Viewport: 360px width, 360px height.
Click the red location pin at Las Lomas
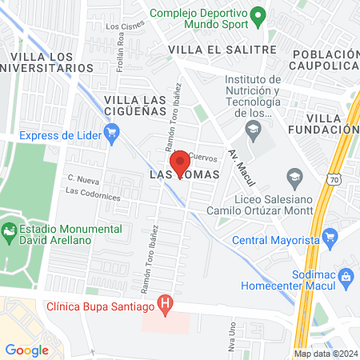pos(181,162)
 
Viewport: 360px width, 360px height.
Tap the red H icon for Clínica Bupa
pos(166,304)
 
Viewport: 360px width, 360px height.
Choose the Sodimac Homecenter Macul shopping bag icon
pos(346,276)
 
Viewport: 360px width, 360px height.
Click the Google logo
pos(26,350)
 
